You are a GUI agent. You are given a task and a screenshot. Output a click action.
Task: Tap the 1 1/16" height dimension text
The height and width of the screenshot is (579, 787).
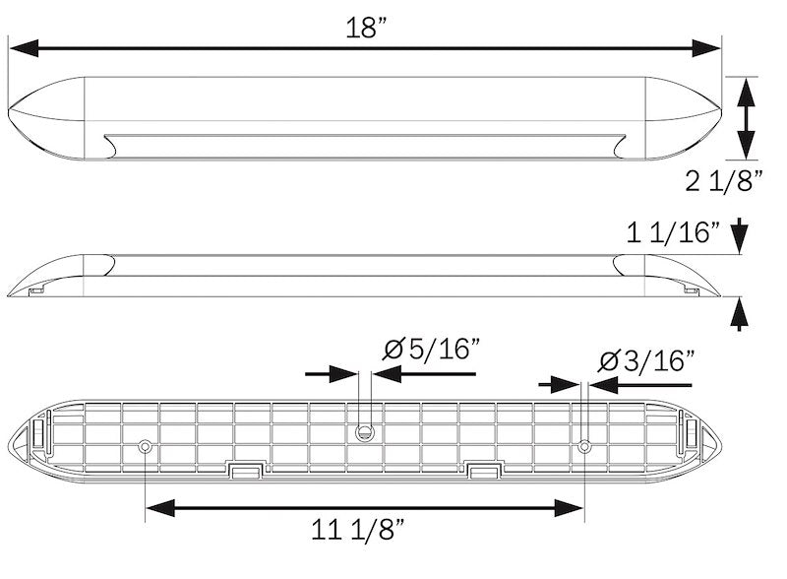pos(674,233)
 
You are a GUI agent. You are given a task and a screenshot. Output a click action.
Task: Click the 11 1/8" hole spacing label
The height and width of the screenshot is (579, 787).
pos(358,531)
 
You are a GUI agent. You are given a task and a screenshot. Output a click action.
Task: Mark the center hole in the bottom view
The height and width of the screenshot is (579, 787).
pos(364,431)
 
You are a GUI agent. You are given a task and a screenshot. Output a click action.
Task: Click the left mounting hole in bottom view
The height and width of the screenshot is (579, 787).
pos(146,446)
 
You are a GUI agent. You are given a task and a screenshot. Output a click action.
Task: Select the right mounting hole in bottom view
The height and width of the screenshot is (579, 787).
pos(584,446)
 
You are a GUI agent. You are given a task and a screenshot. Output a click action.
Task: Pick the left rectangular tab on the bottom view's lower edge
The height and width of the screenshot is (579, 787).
pos(244,470)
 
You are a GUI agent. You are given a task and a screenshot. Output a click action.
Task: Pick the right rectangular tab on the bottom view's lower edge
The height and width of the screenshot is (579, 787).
pos(484,470)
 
